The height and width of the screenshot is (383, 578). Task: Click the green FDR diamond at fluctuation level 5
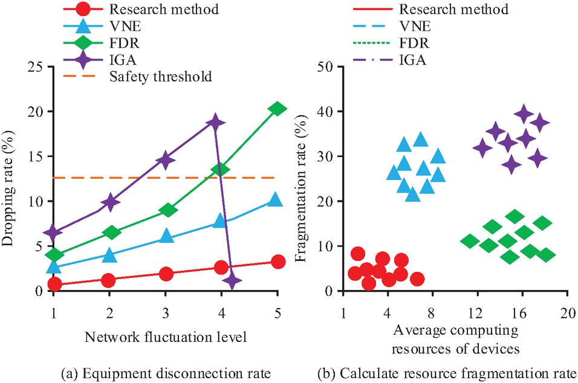click(x=277, y=109)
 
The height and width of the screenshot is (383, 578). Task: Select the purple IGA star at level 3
click(x=166, y=160)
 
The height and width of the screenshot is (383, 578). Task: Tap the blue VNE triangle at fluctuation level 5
click(x=275, y=199)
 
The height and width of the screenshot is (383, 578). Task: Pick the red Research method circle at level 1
click(x=54, y=284)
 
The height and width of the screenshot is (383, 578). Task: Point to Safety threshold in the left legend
click(x=164, y=77)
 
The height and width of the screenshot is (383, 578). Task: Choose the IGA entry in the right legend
click(x=413, y=60)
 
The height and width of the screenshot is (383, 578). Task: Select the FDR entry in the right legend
click(x=414, y=43)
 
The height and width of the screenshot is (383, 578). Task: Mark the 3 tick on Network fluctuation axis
click(x=166, y=314)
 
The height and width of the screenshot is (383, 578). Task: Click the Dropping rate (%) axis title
click(x=10, y=179)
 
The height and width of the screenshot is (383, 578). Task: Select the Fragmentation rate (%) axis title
click(x=300, y=179)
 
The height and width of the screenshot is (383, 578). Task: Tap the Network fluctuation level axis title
click(x=166, y=336)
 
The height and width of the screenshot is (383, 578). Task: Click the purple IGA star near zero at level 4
click(x=232, y=280)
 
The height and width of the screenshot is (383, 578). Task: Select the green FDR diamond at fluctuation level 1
click(x=54, y=255)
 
